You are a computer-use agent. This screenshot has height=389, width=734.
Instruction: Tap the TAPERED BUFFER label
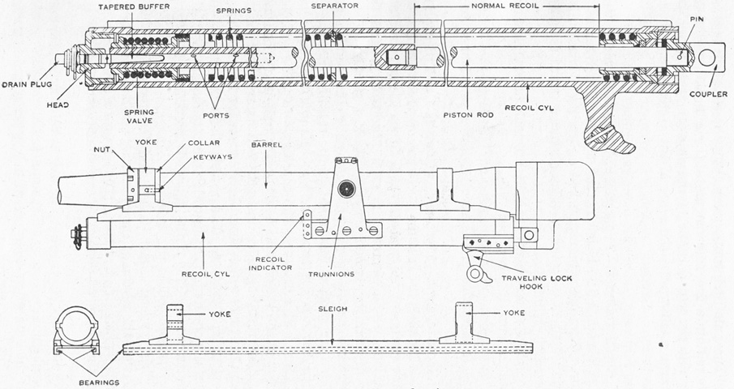point(128,7)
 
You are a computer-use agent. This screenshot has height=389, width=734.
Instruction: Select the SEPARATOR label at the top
point(335,6)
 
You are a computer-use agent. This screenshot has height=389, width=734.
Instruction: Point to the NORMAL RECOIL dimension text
point(504,6)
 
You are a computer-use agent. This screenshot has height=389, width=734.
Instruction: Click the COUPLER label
point(708,95)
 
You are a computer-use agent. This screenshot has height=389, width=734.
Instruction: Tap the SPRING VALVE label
point(139,117)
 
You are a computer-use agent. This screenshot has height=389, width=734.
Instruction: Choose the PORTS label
point(216,115)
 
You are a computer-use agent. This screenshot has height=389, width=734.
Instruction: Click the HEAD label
point(58,105)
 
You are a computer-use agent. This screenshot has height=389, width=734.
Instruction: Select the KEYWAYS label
point(213,156)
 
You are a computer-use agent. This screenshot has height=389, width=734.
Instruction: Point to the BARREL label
point(266,145)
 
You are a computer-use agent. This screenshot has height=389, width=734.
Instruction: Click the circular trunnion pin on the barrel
point(347,189)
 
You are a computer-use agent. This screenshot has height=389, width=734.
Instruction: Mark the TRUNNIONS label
point(331,274)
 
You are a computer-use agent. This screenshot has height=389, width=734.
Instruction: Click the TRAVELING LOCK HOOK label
point(536,282)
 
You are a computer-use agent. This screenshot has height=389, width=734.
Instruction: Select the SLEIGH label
point(333,309)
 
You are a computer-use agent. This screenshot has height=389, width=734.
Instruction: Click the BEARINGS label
point(99,383)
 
